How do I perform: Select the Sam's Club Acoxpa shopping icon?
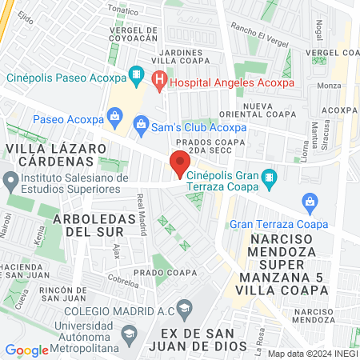tap(141, 124)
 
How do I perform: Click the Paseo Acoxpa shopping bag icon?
tap(115, 115)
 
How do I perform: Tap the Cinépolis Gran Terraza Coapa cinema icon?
tap(270, 176)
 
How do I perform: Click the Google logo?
tap(27, 350)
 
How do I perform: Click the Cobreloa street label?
tap(112, 281)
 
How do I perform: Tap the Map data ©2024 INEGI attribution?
tap(311, 353)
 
